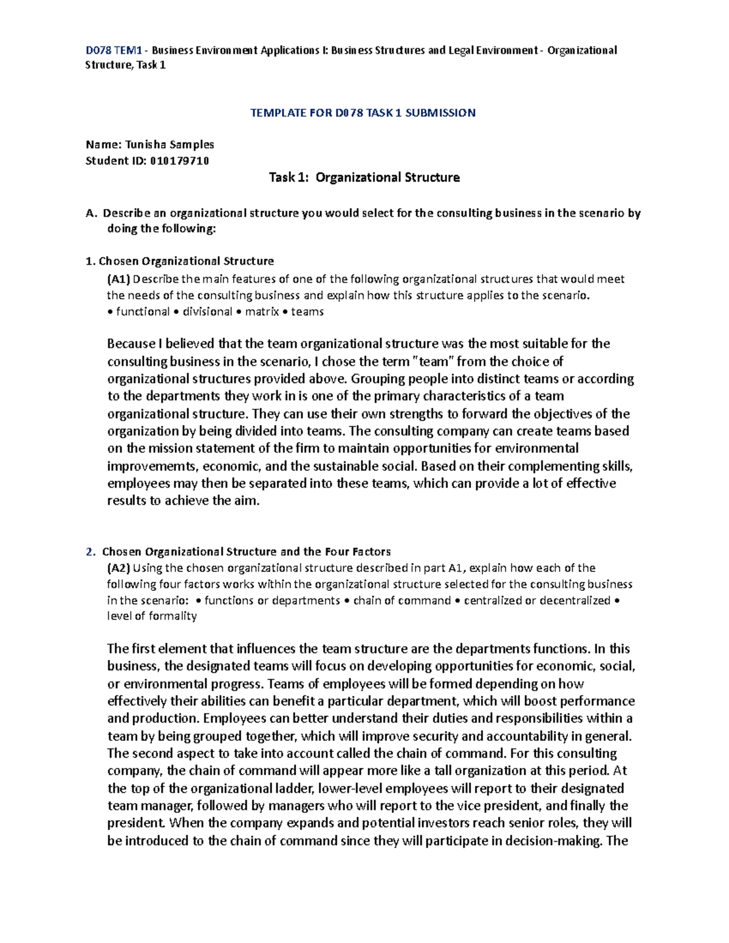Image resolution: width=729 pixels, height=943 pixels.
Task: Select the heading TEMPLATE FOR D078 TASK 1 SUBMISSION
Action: pyautogui.click(x=363, y=113)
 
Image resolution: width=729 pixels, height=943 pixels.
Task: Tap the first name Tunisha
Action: pyautogui.click(x=145, y=145)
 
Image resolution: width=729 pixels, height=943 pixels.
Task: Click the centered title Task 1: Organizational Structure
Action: pyautogui.click(x=364, y=177)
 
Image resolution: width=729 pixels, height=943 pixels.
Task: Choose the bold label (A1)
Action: pyautogui.click(x=118, y=279)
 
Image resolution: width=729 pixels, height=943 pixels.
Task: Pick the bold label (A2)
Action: pyautogui.click(x=118, y=568)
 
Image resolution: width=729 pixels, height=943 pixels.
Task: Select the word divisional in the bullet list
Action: pyautogui.click(x=207, y=312)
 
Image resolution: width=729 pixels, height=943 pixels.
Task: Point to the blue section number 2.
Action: pyautogui.click(x=91, y=552)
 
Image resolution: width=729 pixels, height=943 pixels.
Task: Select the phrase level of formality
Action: pyautogui.click(x=152, y=616)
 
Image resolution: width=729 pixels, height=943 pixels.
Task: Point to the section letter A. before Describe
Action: pyautogui.click(x=91, y=214)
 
